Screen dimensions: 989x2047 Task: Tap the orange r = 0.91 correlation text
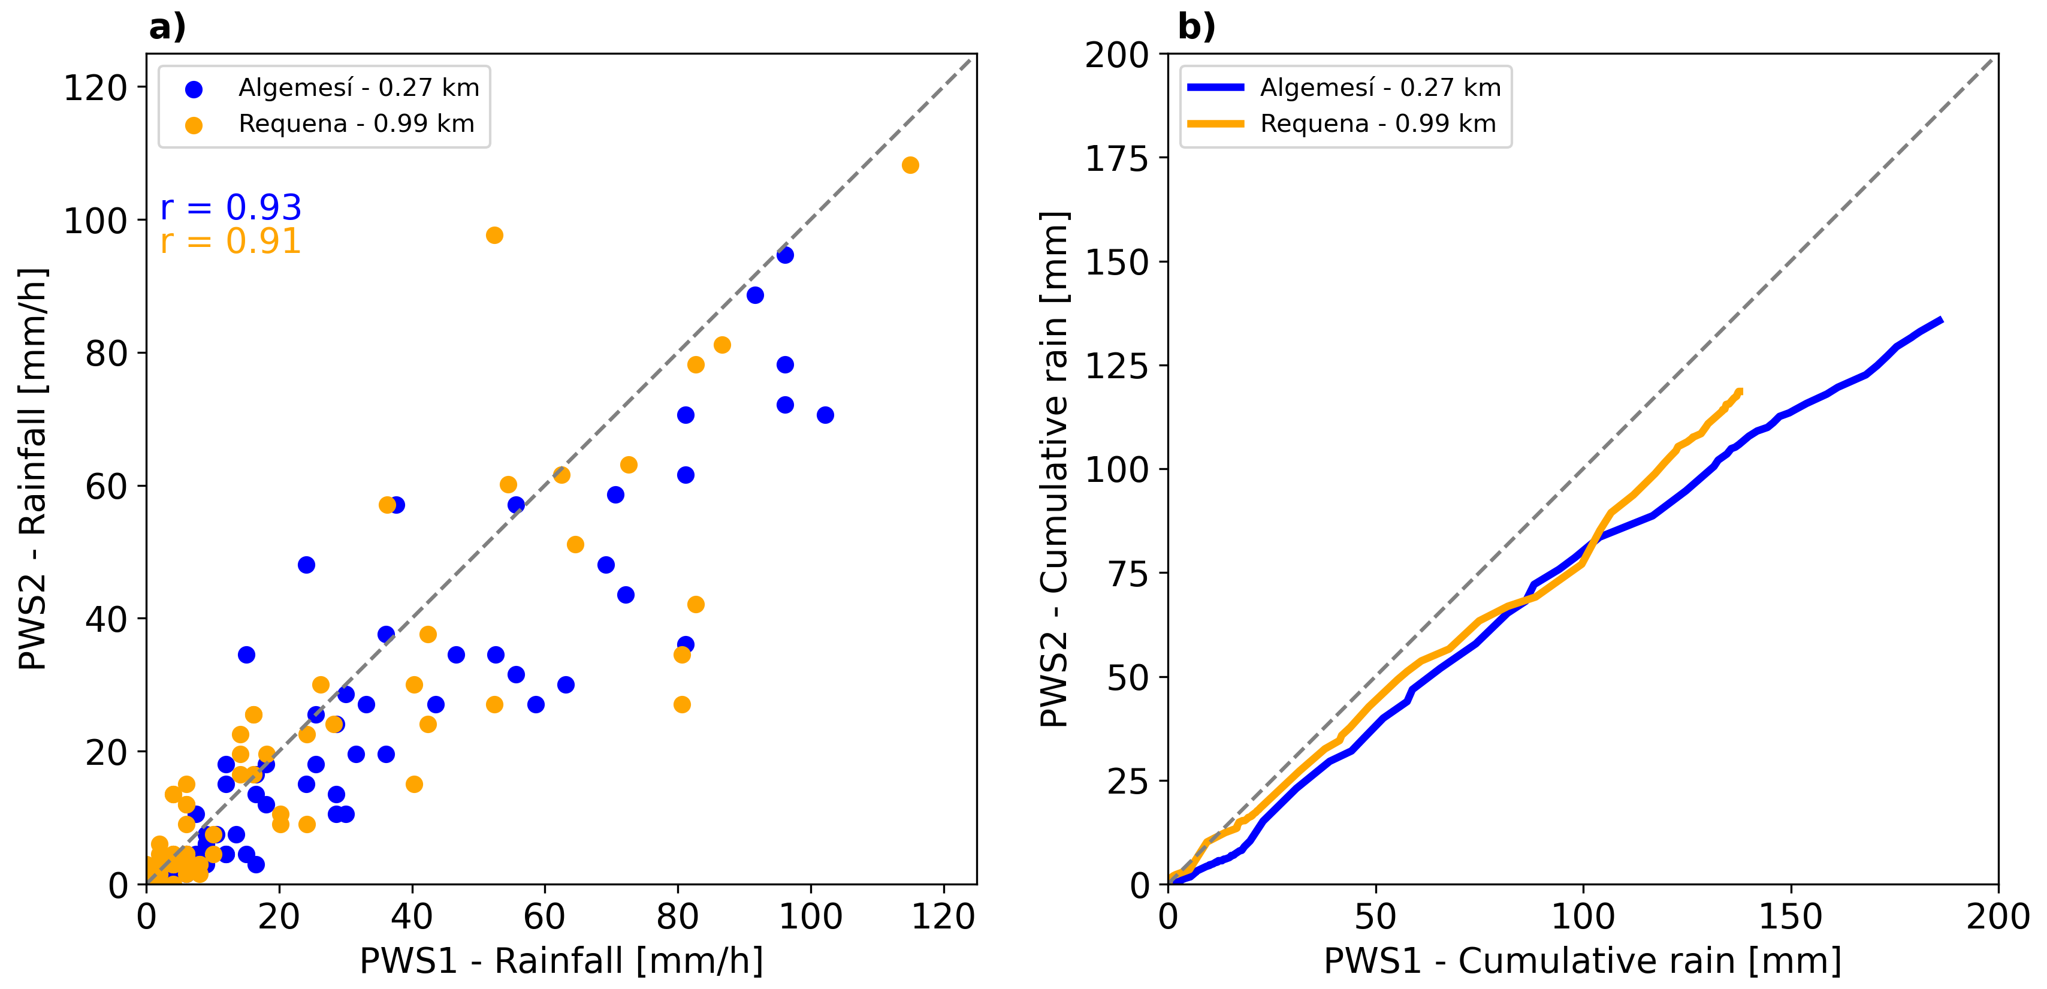click(231, 241)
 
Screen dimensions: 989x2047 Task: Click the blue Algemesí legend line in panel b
click(1215, 88)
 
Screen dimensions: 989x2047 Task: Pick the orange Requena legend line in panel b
click(1215, 124)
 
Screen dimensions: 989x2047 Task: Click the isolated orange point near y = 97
click(494, 236)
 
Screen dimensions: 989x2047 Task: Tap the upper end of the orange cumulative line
click(1740, 391)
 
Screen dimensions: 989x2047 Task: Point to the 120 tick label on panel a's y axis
click(95, 88)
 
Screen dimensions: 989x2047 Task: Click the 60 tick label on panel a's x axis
click(544, 916)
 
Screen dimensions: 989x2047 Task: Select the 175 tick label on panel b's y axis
click(1117, 158)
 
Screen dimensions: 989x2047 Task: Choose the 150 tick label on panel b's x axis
click(1791, 916)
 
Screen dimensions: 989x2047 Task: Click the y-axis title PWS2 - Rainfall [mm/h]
click(34, 469)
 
